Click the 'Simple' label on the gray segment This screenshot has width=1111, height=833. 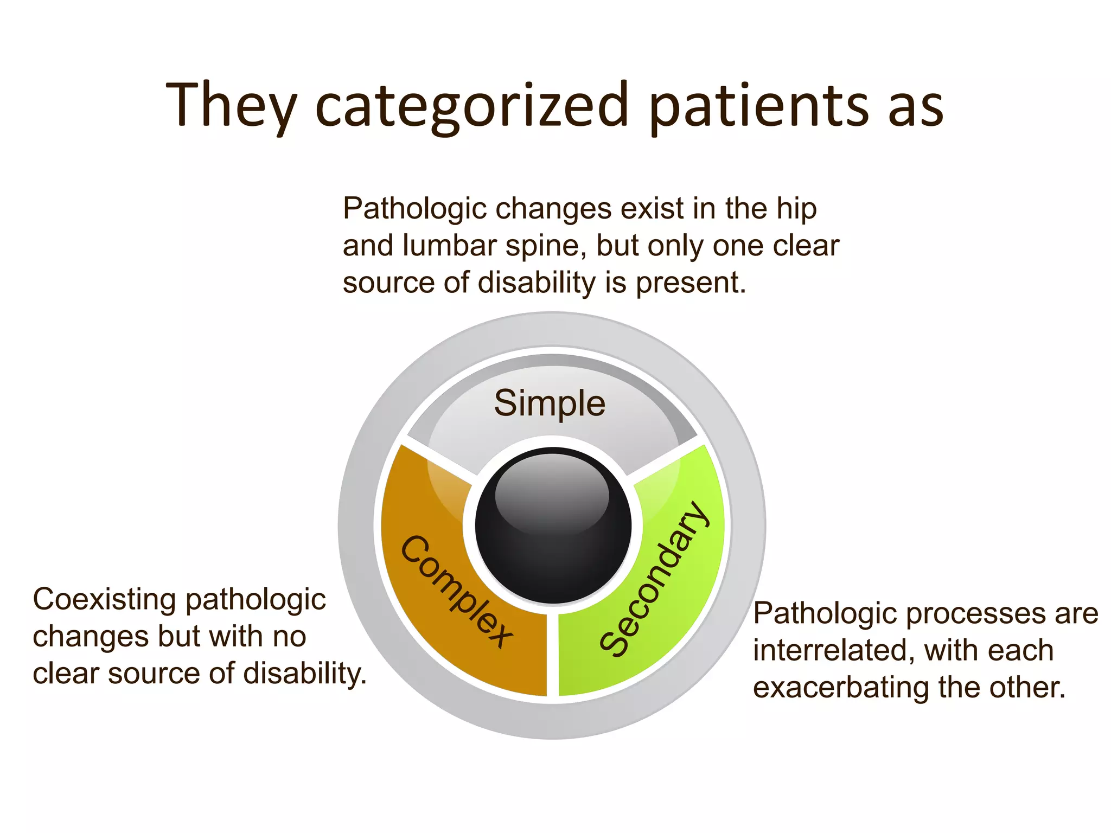click(550, 403)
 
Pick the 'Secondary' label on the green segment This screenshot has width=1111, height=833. click(654, 579)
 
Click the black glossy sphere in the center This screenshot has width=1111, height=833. click(553, 525)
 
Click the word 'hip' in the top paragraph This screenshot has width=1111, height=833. click(796, 209)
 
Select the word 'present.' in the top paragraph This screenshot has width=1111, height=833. click(691, 283)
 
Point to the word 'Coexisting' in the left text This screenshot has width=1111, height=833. click(104, 600)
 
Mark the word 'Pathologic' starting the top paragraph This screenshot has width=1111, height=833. click(414, 209)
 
